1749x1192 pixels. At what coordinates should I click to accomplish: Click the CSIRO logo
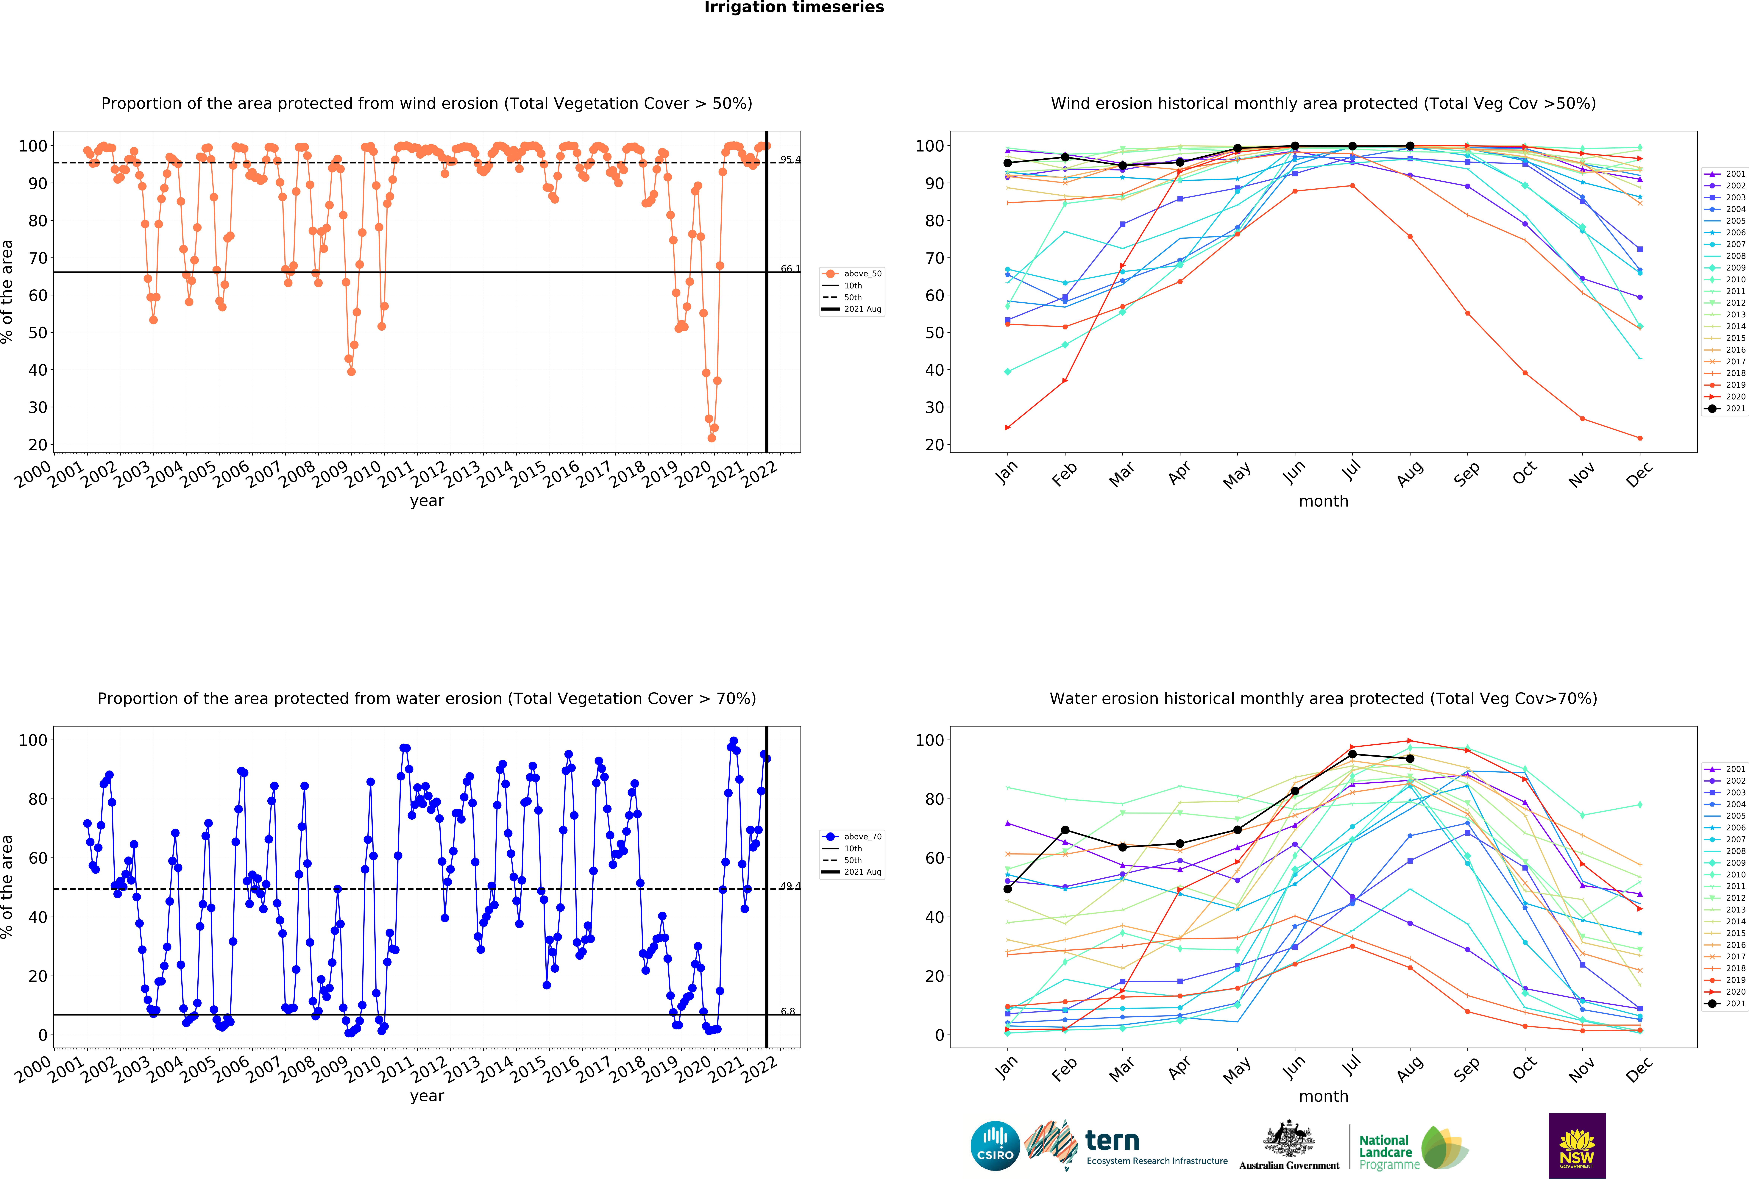995,1146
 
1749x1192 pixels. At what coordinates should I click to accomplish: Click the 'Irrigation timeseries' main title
794,7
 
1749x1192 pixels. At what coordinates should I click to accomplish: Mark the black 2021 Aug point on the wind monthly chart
1410,146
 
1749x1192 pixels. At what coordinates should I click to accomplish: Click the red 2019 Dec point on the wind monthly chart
1640,438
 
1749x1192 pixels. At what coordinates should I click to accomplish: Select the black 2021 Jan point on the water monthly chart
1008,889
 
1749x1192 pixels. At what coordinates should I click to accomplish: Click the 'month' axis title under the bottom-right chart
1323,1096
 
